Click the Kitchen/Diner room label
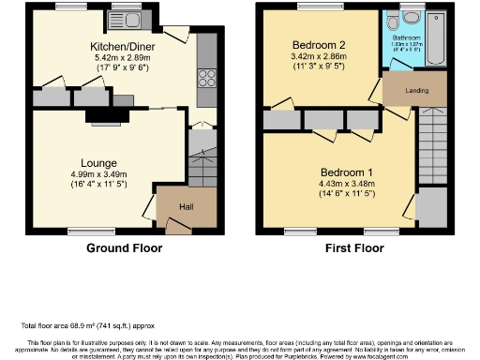click(123, 46)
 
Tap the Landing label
click(416, 91)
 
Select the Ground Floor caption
click(124, 248)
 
